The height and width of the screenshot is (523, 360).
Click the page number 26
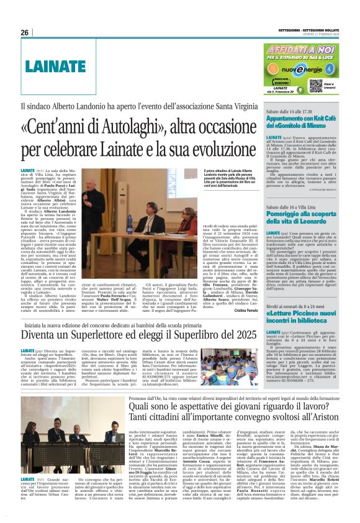pyautogui.click(x=24, y=32)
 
